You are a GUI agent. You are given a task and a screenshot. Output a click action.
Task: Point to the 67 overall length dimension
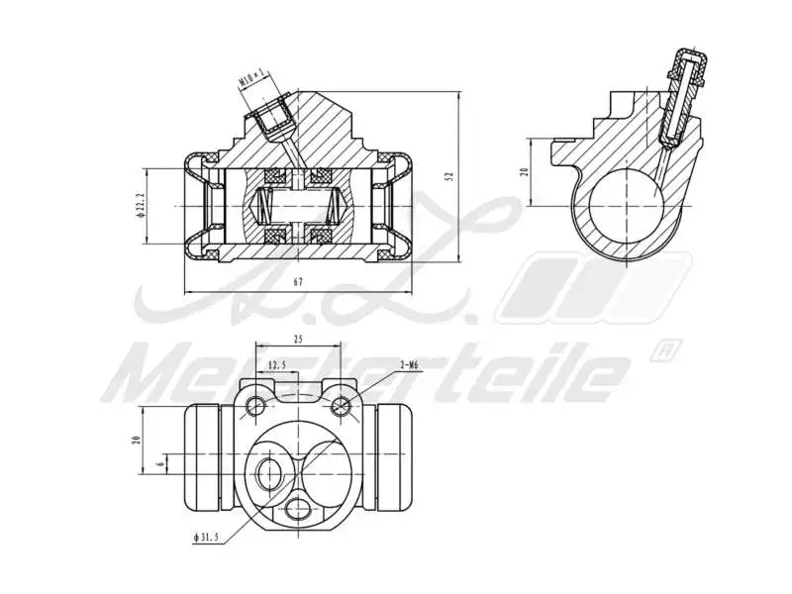click(x=298, y=282)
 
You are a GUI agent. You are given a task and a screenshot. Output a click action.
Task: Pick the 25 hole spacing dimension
click(x=298, y=339)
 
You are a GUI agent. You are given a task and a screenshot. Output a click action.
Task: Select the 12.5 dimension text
click(x=278, y=365)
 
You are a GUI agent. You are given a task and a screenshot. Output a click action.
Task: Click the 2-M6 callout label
click(x=409, y=364)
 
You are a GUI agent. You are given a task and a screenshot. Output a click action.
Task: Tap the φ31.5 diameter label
click(x=206, y=538)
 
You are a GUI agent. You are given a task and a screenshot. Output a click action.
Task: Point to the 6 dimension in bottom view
click(x=160, y=462)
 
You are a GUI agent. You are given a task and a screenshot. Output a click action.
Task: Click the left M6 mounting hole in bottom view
click(x=257, y=405)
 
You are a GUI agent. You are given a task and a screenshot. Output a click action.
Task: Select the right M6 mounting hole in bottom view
click(x=342, y=405)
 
